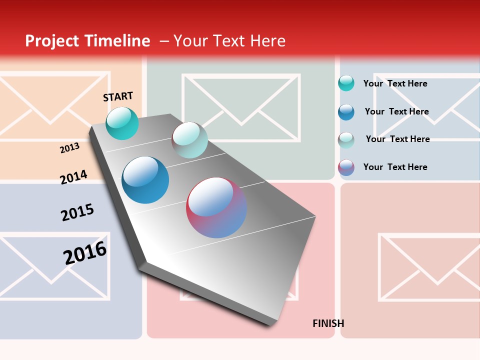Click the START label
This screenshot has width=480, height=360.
click(x=118, y=96)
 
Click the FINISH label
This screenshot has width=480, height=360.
click(x=328, y=323)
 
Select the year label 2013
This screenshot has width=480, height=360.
click(x=69, y=148)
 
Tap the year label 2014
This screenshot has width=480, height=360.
click(x=73, y=177)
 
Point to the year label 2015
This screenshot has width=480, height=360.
click(x=77, y=212)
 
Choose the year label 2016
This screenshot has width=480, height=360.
click(x=85, y=253)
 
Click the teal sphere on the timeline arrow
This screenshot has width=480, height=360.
click(x=122, y=123)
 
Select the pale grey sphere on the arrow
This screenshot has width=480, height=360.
click(x=189, y=139)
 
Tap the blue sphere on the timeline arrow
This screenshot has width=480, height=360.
click(x=145, y=180)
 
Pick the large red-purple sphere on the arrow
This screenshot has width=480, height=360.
click(x=216, y=207)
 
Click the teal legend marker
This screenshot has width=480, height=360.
click(x=346, y=83)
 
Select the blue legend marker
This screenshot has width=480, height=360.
click(x=346, y=111)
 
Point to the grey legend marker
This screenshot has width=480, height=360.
click(x=346, y=139)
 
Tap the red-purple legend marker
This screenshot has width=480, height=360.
click(x=346, y=167)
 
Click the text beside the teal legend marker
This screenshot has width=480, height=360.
click(x=395, y=83)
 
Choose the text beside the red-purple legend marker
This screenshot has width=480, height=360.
click(x=395, y=167)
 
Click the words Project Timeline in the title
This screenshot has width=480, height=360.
click(x=87, y=41)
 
